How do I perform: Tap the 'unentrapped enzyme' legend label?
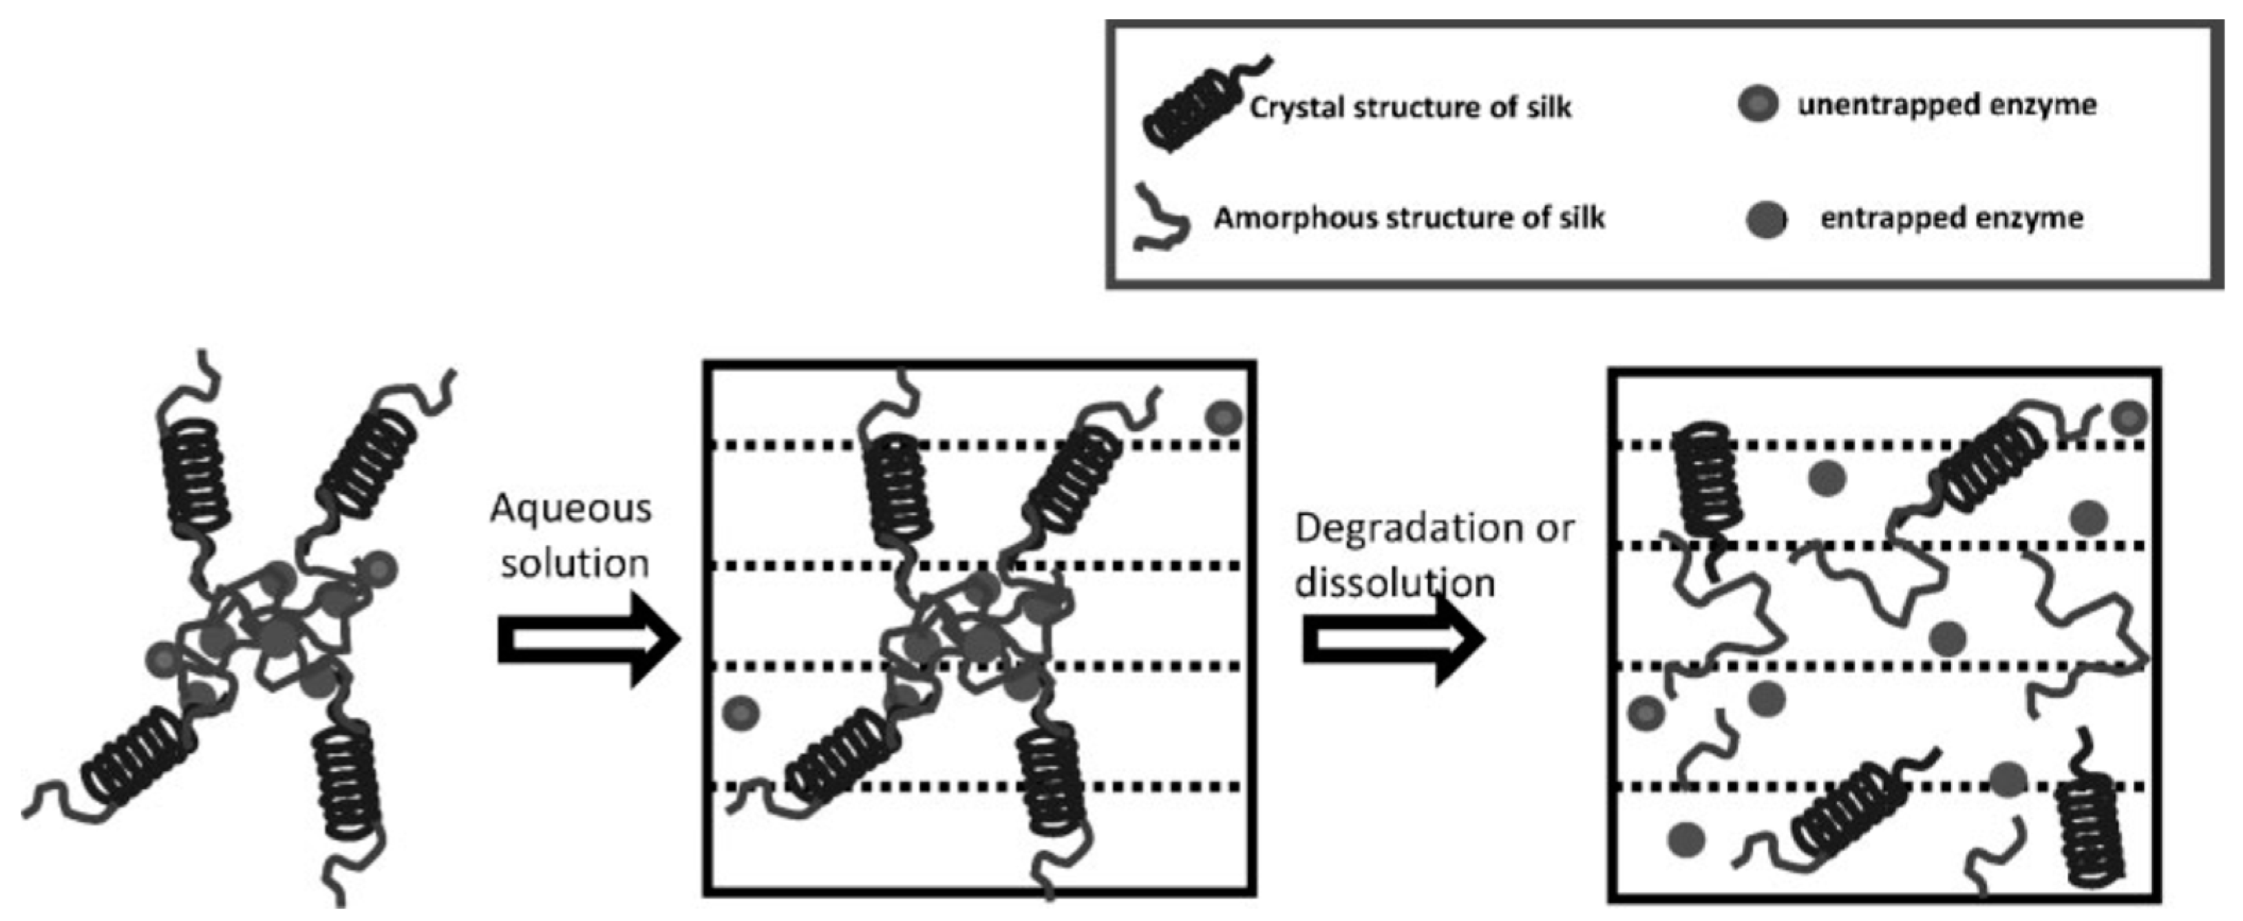(1947, 105)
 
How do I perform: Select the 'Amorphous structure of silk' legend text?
(1409, 218)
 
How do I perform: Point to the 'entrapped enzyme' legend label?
(1951, 218)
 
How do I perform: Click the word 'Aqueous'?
(571, 509)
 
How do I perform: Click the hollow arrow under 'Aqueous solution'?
(588, 640)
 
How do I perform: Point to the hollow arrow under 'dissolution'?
(1392, 640)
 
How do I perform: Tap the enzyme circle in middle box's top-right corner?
(1224, 418)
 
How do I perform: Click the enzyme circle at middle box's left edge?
(741, 713)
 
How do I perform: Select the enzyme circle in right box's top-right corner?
(2129, 419)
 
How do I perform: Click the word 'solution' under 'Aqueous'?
(575, 564)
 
